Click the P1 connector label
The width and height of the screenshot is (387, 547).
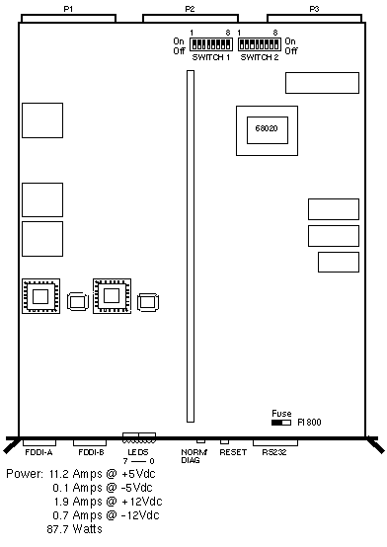pyautogui.click(x=68, y=9)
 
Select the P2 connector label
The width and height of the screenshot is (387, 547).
pyautogui.click(x=190, y=9)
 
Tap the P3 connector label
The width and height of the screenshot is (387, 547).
pyautogui.click(x=314, y=9)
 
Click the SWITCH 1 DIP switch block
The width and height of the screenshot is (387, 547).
pyautogui.click(x=211, y=44)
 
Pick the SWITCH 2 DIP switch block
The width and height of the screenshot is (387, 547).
pyautogui.click(x=260, y=44)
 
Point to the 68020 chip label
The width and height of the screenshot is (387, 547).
pyautogui.click(x=267, y=128)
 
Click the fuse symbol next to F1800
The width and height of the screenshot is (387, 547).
pyautogui.click(x=281, y=423)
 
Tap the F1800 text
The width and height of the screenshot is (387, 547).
pyautogui.click(x=309, y=423)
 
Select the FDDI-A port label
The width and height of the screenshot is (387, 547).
pyautogui.click(x=39, y=452)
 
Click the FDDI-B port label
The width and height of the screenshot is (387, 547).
pyautogui.click(x=91, y=452)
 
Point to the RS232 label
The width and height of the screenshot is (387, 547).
pyautogui.click(x=274, y=452)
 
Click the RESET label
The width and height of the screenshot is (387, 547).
pyautogui.click(x=233, y=452)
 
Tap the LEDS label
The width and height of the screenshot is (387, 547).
pyautogui.click(x=138, y=452)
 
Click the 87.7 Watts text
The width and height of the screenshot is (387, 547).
pyautogui.click(x=75, y=529)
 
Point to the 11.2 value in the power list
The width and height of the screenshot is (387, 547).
pyautogui.click(x=59, y=474)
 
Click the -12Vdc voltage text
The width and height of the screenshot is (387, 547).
pyautogui.click(x=140, y=515)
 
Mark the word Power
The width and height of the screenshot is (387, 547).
pyautogui.click(x=25, y=474)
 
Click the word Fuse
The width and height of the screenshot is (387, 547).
pyautogui.click(x=281, y=414)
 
